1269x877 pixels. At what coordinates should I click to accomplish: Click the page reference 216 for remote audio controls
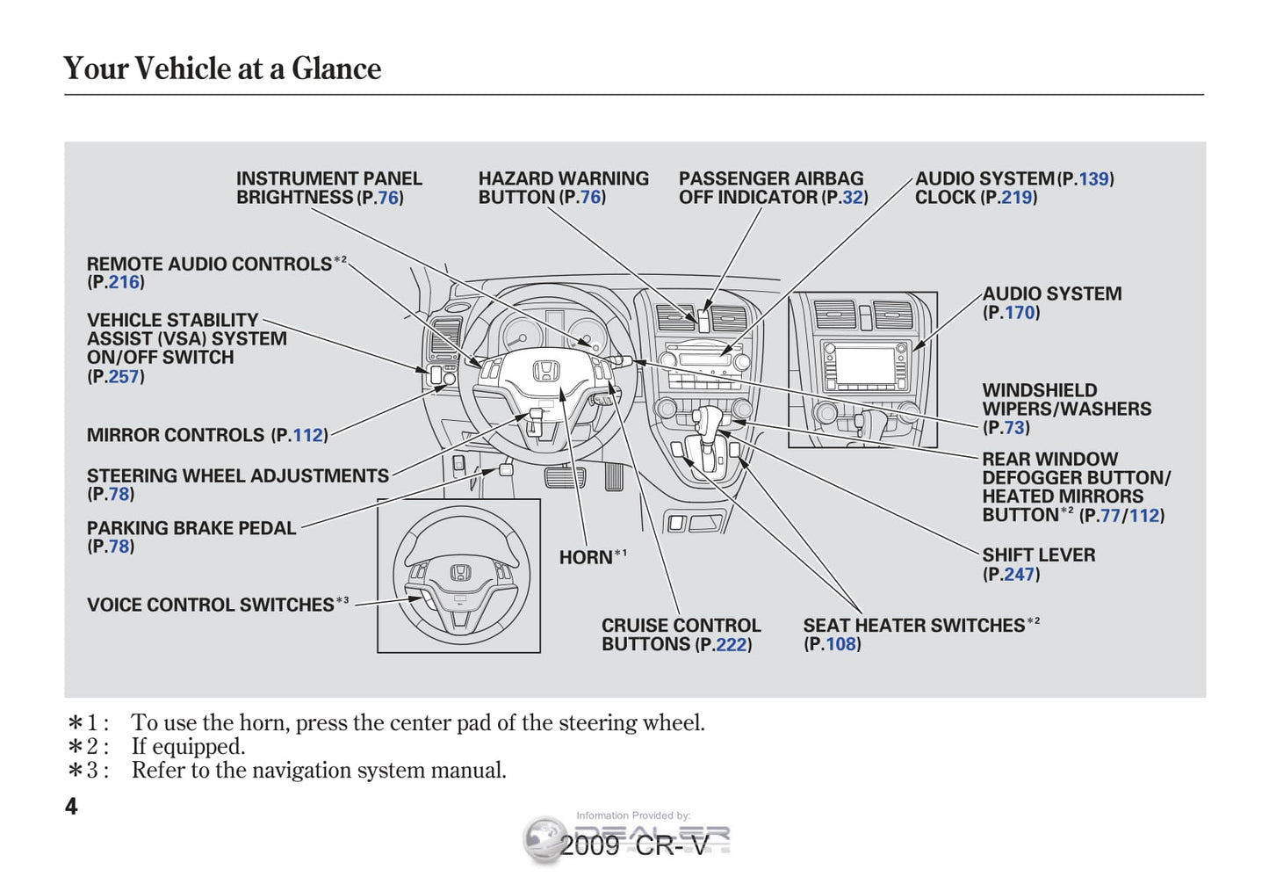click(125, 283)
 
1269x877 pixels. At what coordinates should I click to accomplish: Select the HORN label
click(586, 557)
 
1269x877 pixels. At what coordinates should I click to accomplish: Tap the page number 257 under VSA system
click(125, 377)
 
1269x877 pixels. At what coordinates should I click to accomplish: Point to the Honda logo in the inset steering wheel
click(460, 572)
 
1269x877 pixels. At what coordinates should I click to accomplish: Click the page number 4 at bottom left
click(71, 806)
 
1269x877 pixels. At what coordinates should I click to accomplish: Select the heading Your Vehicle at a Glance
click(222, 69)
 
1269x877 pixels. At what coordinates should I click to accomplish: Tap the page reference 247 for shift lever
click(1020, 575)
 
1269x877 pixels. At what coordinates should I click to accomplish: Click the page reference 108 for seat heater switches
click(840, 644)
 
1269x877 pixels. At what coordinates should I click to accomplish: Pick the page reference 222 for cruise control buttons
click(732, 645)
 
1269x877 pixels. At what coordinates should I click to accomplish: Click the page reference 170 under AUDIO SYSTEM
click(1020, 313)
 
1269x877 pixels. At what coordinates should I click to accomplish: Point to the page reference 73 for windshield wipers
click(1014, 428)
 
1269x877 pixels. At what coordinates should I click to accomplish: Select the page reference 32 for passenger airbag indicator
click(853, 198)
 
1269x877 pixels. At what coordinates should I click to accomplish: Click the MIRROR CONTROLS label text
click(176, 435)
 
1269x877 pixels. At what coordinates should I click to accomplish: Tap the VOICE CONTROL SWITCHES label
click(211, 605)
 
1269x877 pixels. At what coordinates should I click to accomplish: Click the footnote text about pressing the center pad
click(417, 723)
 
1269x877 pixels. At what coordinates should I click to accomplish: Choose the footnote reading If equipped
click(188, 747)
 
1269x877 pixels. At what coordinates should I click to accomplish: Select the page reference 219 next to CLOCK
click(1017, 198)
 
